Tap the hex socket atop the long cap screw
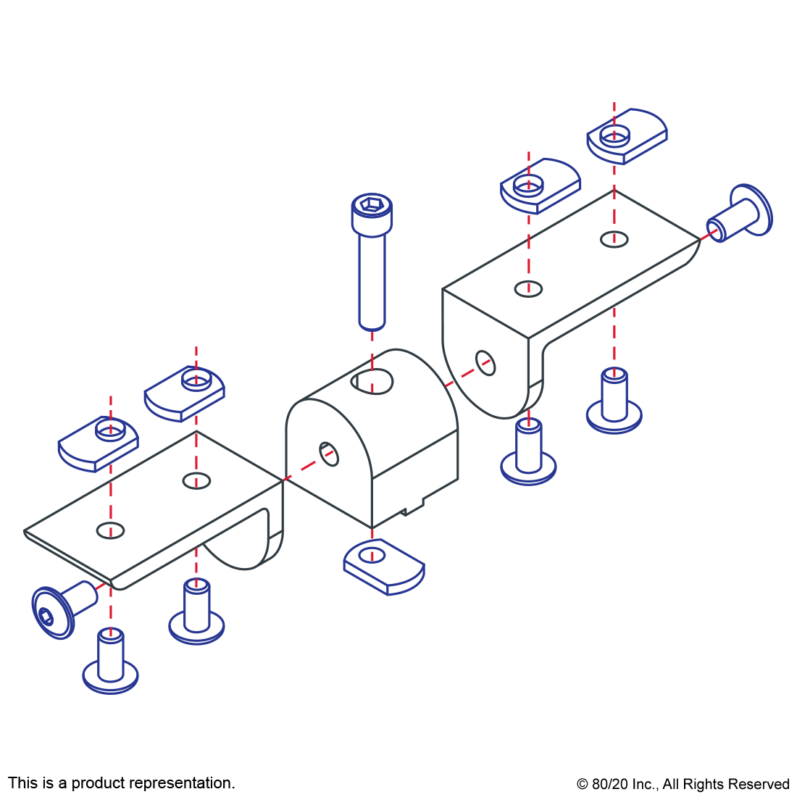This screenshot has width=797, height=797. (x=372, y=206)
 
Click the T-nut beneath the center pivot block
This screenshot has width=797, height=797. (x=384, y=567)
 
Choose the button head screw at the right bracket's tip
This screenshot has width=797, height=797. (x=743, y=212)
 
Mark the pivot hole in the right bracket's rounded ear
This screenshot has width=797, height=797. (x=485, y=362)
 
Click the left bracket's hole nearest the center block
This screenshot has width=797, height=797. (x=196, y=480)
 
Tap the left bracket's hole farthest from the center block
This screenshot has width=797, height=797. (x=110, y=530)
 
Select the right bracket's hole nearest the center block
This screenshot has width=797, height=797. (x=529, y=288)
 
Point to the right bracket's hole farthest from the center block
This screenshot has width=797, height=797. (x=614, y=238)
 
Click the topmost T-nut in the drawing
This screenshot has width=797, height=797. (x=627, y=135)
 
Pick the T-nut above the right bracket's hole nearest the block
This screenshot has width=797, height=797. (x=541, y=185)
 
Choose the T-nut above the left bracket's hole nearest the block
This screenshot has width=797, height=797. (x=185, y=393)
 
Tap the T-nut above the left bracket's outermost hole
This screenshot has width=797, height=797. (x=99, y=443)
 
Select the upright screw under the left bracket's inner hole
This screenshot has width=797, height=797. (x=196, y=612)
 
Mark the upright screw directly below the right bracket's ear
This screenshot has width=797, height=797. (x=529, y=453)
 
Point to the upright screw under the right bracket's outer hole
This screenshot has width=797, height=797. (x=614, y=403)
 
